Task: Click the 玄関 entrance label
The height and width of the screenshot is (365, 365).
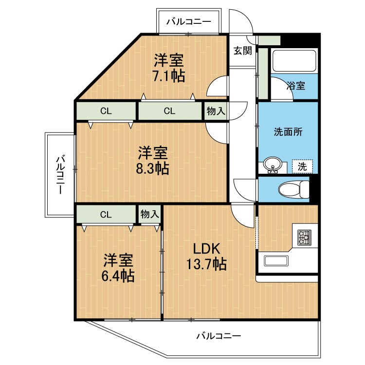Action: [242, 50]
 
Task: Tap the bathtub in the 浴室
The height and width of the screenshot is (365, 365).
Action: [294, 60]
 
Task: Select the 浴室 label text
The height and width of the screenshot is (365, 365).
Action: [295, 86]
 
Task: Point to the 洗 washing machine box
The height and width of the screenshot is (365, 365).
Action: [302, 166]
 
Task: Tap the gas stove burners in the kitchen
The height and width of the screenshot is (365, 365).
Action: [304, 237]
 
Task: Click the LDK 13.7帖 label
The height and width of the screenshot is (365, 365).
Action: [205, 256]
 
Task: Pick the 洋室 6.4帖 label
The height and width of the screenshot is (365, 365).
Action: [118, 268]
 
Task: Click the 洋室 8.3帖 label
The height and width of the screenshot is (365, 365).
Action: [152, 161]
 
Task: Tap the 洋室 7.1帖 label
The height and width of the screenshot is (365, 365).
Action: [169, 68]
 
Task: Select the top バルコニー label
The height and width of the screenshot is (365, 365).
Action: [188, 21]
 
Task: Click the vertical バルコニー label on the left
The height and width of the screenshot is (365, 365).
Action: [59, 174]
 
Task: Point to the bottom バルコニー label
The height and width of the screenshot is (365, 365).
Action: [219, 336]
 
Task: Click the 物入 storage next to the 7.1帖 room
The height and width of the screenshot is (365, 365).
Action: [216, 111]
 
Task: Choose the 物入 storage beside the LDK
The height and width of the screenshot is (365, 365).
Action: [149, 214]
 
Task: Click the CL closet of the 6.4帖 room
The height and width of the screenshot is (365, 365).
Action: [106, 214]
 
